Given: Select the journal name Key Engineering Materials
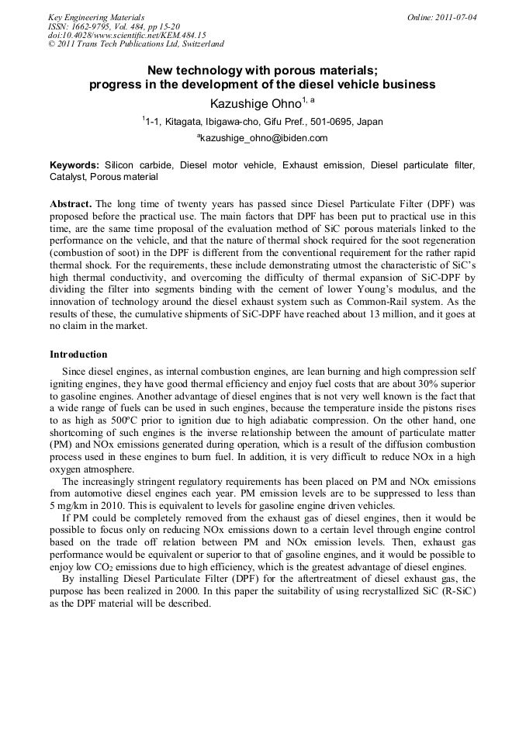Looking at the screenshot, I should [x=96, y=16].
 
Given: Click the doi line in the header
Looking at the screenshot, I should [x=126, y=35].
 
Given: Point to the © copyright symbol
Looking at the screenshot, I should [x=51, y=44].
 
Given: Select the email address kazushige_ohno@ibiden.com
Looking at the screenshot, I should [x=265, y=138].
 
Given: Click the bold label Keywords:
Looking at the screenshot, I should [x=74, y=165].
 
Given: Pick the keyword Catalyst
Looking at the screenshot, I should [x=67, y=177].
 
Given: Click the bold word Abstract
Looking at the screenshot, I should [x=71, y=203].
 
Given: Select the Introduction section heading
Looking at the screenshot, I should [x=78, y=354].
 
